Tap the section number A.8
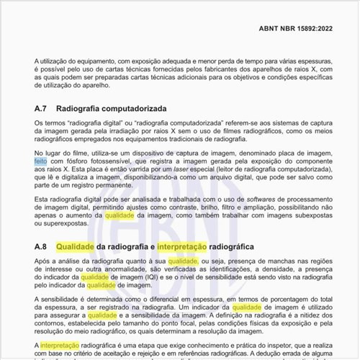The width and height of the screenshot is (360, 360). point(41,247)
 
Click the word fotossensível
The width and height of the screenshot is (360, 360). point(114,162)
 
